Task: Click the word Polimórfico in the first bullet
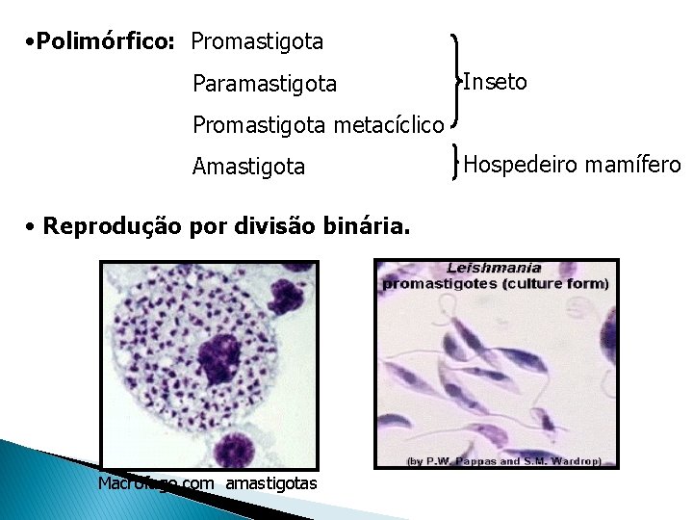click(105, 42)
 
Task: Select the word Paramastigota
click(265, 85)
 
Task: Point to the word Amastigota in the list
click(248, 168)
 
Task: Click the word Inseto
click(495, 82)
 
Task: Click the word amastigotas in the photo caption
click(270, 482)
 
